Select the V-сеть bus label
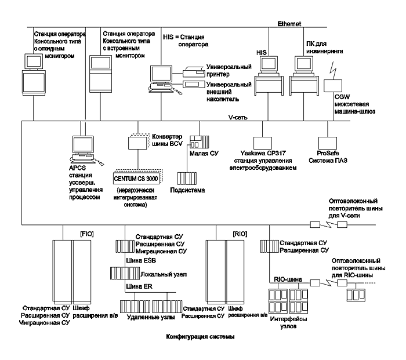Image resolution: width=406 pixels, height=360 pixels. [240, 117]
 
